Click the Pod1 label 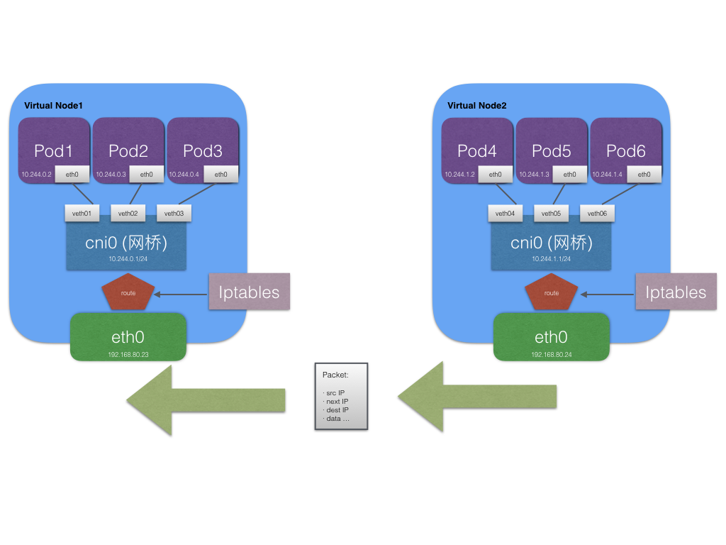pyautogui.click(x=53, y=150)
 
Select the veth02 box pyautogui.click(x=128, y=213)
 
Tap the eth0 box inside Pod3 pyautogui.click(x=220, y=175)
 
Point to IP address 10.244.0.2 pyautogui.click(x=35, y=175)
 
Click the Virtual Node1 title pyautogui.click(x=53, y=106)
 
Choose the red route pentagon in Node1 pyautogui.click(x=128, y=292)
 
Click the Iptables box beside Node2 pyautogui.click(x=676, y=292)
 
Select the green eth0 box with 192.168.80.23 pyautogui.click(x=128, y=337)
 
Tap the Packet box pyautogui.click(x=341, y=396)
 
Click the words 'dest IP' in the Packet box pyautogui.click(x=337, y=410)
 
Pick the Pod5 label pyautogui.click(x=552, y=150)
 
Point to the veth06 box pyautogui.click(x=597, y=213)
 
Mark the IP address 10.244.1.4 pyautogui.click(x=608, y=175)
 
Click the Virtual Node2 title pyautogui.click(x=476, y=106)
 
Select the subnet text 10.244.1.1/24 pyautogui.click(x=552, y=260)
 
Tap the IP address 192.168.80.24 pyautogui.click(x=552, y=353)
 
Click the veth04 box pyautogui.click(x=505, y=213)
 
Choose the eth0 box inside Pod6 pyautogui.click(x=644, y=175)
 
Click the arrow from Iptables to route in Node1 pyautogui.click(x=181, y=292)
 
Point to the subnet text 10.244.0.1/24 pyautogui.click(x=128, y=260)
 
